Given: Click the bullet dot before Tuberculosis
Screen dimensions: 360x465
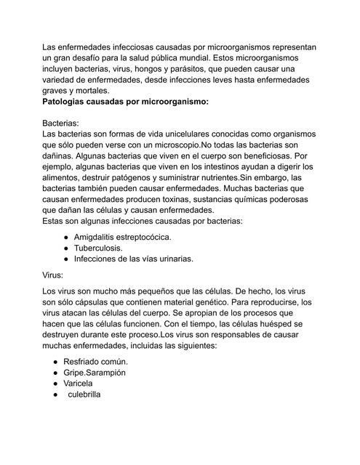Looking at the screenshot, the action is tap(66, 247).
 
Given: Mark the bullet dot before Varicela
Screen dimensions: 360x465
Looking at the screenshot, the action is tap(55, 383).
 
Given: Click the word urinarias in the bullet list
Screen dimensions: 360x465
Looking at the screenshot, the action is tap(172, 258).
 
